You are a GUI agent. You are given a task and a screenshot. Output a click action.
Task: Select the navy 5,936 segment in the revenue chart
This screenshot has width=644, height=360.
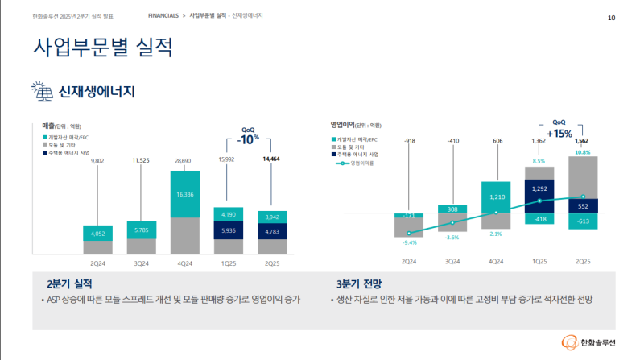point(228,232)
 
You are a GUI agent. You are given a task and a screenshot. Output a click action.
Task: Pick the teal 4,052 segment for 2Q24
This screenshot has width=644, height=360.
point(97,234)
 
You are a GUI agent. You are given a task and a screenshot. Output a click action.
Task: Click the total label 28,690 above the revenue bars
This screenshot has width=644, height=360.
point(184,161)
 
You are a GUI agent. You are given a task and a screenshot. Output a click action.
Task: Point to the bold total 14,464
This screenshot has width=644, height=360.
point(271,159)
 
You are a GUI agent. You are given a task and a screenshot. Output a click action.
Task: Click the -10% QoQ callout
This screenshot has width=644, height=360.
point(248,139)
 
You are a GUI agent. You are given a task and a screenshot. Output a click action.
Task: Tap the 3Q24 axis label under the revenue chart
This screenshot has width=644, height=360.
point(141,263)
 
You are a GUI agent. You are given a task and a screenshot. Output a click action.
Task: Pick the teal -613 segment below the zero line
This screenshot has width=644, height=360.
point(582,221)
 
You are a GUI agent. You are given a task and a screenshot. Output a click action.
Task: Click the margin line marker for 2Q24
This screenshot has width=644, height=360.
point(409,234)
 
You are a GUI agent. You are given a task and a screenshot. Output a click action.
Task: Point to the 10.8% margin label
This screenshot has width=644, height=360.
point(583,151)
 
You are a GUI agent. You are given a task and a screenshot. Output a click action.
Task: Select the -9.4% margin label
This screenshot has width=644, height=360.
point(409,242)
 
